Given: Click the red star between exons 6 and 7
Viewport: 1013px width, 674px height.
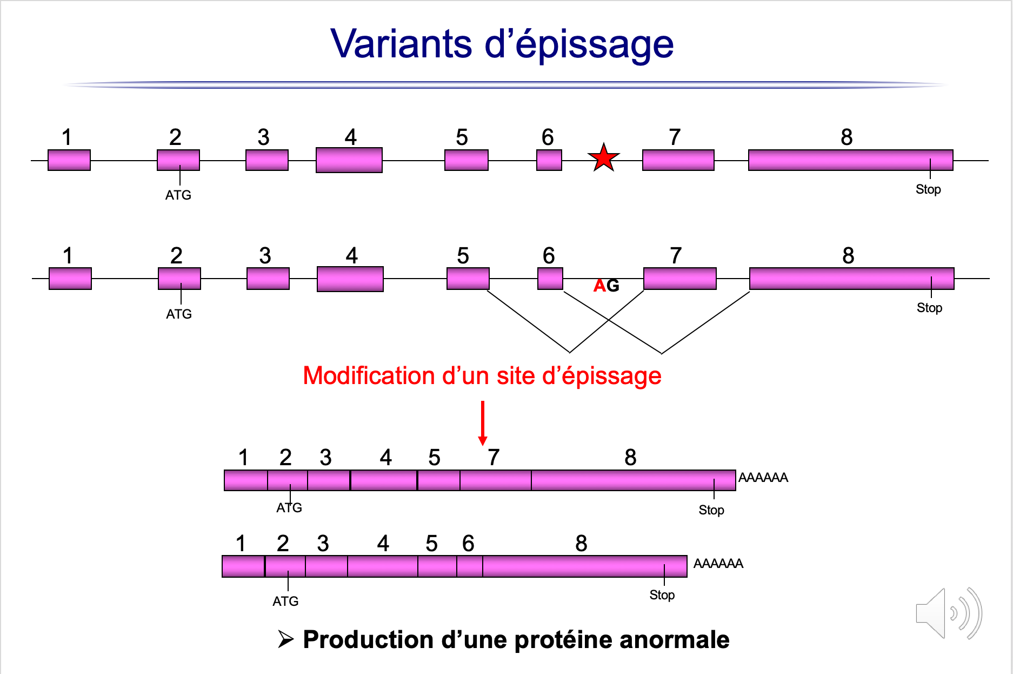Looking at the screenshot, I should (x=603, y=158).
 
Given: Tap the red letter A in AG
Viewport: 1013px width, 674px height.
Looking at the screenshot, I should (x=599, y=286).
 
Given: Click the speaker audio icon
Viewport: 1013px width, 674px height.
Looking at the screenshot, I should (x=948, y=614).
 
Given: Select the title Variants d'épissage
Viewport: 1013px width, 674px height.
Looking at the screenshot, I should (x=502, y=44).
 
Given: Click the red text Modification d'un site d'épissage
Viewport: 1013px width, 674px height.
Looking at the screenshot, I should (x=482, y=375).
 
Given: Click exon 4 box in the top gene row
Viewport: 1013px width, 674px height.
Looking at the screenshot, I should (x=349, y=160).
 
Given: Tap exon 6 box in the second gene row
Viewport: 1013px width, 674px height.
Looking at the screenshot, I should (x=550, y=279).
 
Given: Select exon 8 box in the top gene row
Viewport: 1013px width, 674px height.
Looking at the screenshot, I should (x=850, y=160).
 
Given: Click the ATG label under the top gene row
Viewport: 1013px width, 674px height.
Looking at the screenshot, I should (x=178, y=195).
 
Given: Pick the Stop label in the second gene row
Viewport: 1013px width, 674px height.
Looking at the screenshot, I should (x=929, y=308).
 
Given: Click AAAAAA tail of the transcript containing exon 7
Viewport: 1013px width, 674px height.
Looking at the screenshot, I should (x=763, y=478).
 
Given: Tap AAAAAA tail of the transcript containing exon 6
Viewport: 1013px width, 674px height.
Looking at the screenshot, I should (x=718, y=564).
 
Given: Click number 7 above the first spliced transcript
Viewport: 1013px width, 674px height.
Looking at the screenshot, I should (x=493, y=458).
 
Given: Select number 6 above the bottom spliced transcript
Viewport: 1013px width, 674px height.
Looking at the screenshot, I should (x=468, y=544).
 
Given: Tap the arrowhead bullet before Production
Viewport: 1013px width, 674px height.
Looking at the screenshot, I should (x=285, y=639).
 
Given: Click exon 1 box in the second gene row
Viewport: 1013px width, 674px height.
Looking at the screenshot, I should (x=70, y=279).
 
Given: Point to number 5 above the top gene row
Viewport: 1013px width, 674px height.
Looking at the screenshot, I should (x=462, y=137).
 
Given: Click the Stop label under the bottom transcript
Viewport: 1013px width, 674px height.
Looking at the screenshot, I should (x=662, y=595).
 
